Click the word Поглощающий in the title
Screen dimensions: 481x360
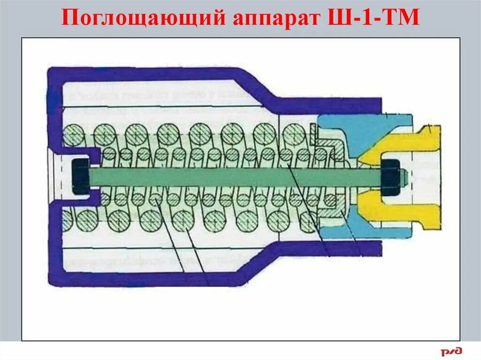pos(141,18)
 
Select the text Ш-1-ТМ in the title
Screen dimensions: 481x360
pos(376,18)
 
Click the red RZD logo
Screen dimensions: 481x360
pos(451,351)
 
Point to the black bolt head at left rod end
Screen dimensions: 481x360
pos(80,176)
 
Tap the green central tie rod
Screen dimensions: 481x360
pos(235,177)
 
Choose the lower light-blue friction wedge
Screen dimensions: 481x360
pos(348,225)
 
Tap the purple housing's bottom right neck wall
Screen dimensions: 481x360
pos(329,248)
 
